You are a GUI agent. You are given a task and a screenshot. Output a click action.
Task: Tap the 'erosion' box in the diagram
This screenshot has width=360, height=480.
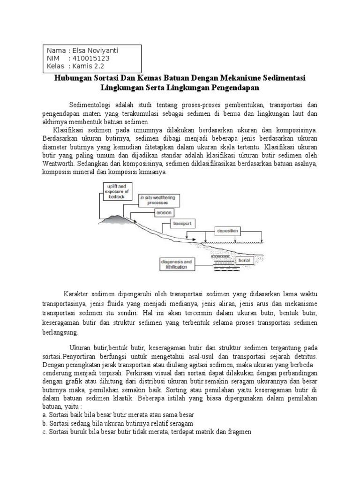tap(167, 212)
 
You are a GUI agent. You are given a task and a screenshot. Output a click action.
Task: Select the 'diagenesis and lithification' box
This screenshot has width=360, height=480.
tap(176, 264)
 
